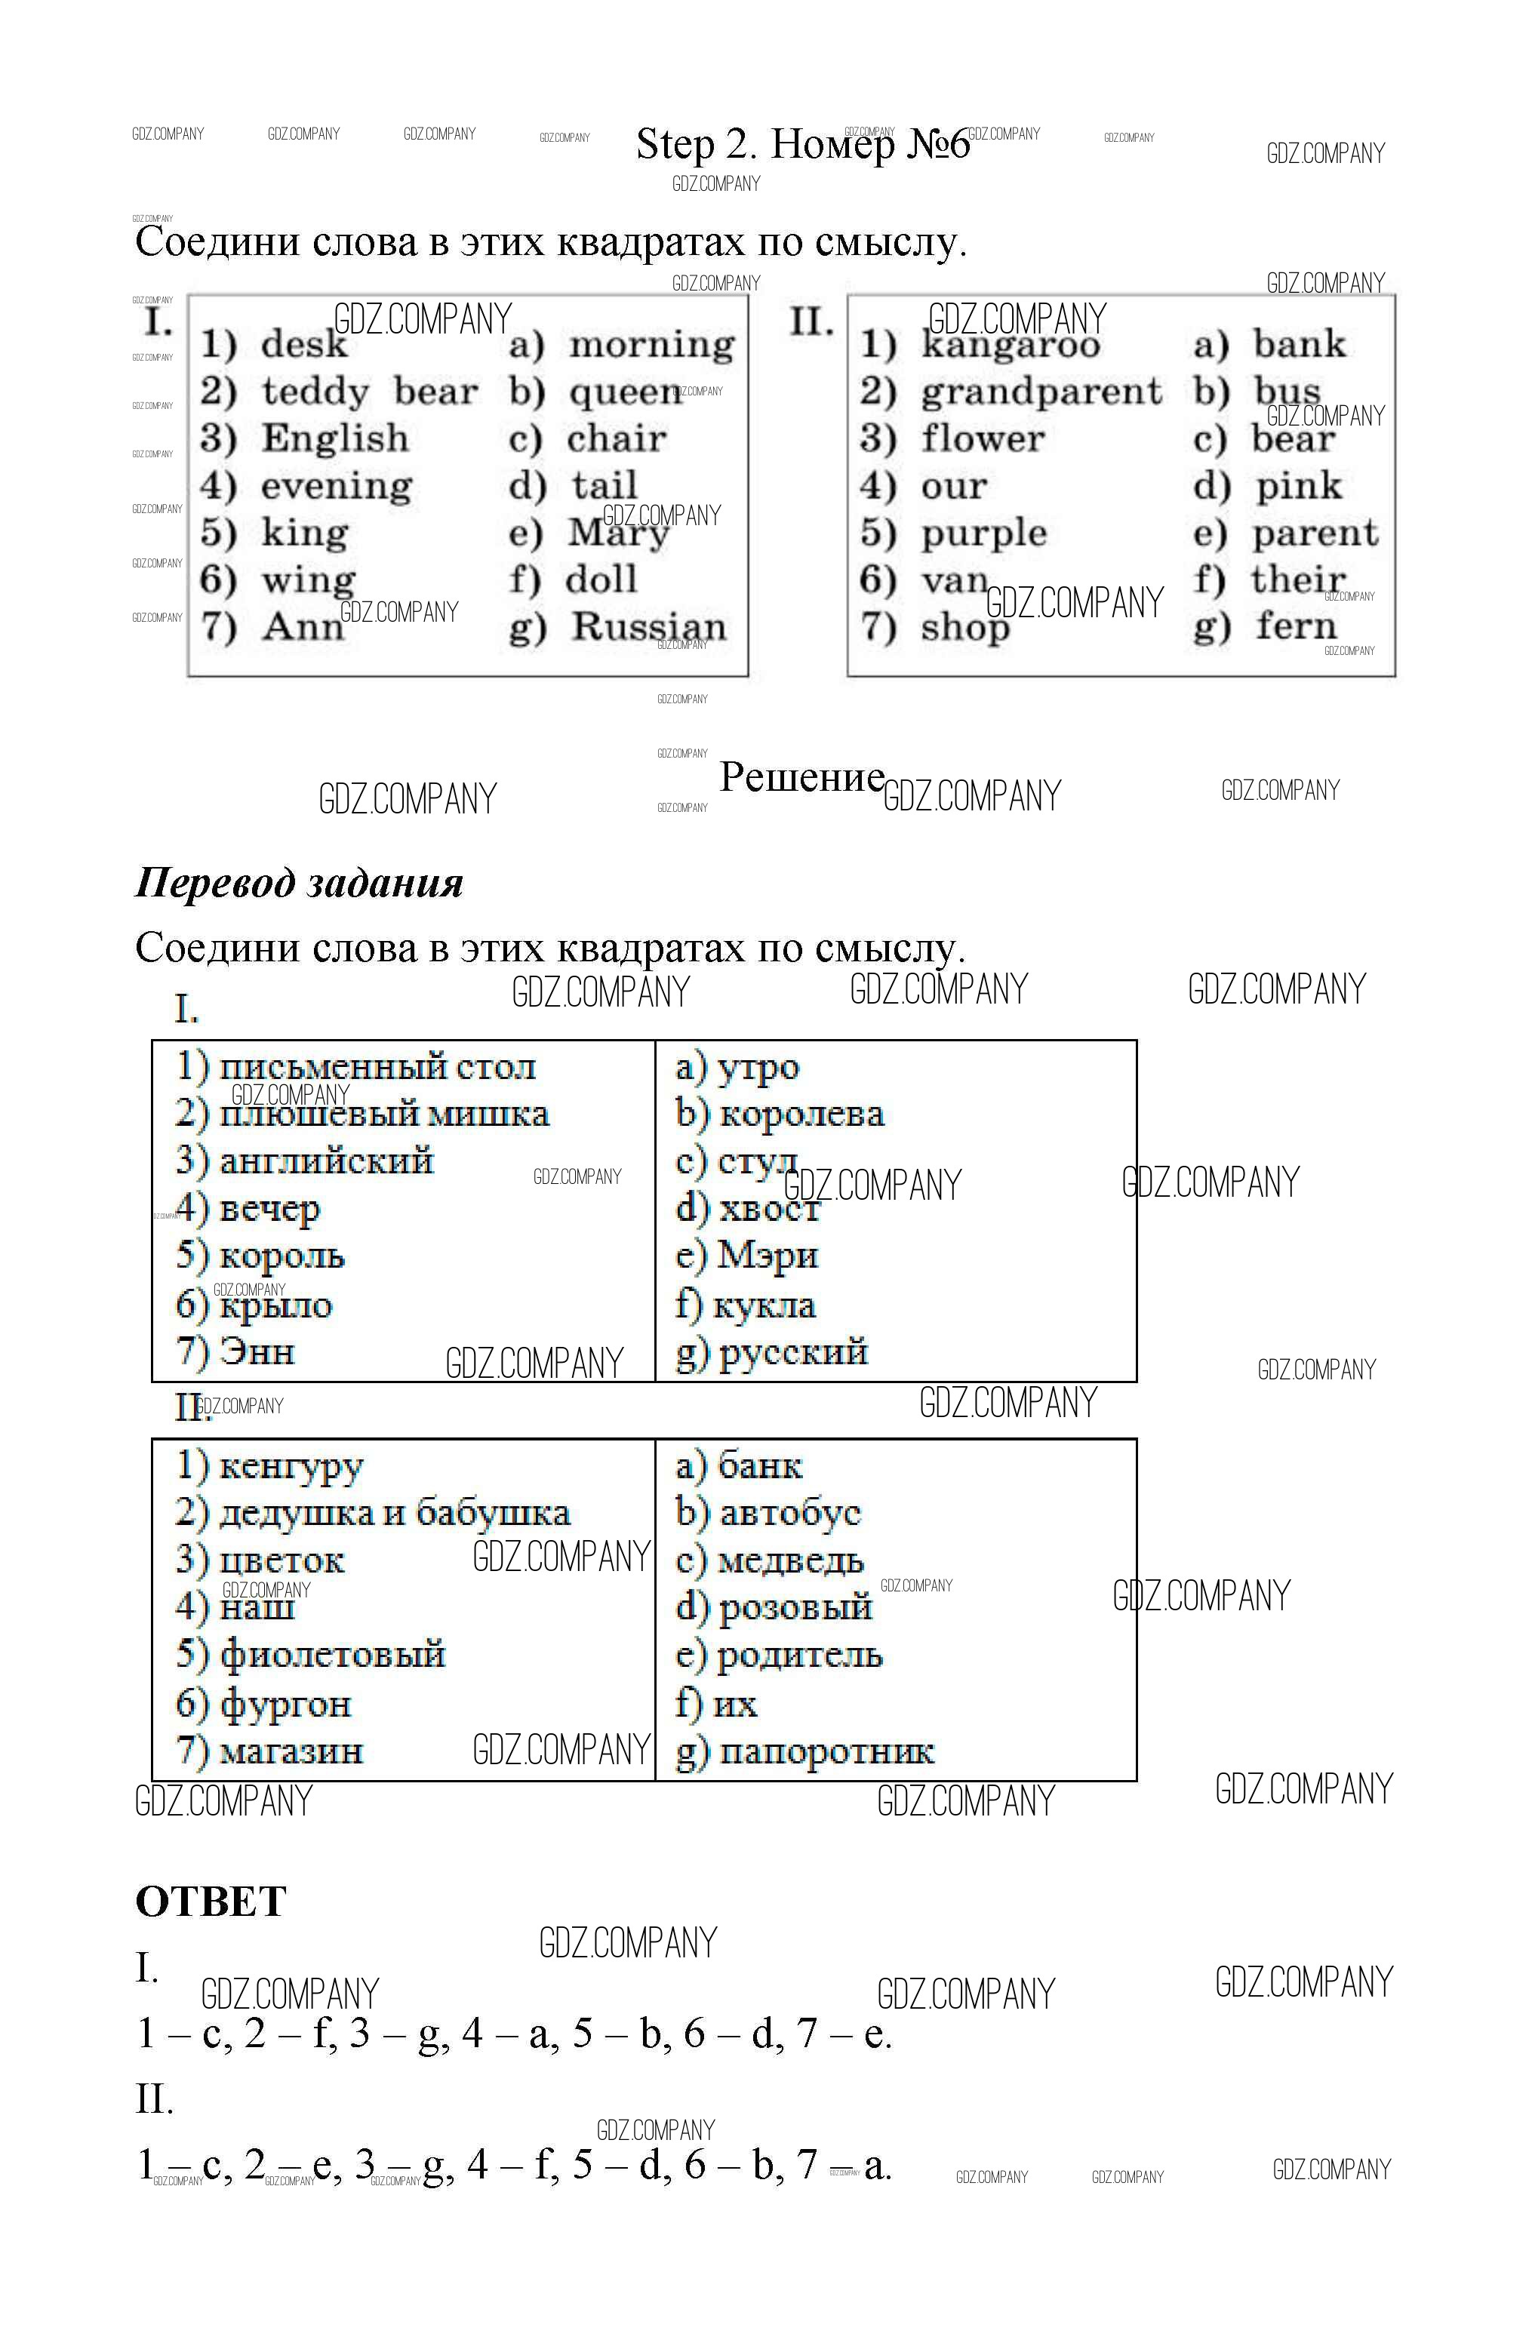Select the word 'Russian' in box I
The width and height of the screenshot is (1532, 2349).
(x=648, y=627)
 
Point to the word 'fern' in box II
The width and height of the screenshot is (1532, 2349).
(x=1295, y=626)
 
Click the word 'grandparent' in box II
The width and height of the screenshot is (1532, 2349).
(x=1041, y=392)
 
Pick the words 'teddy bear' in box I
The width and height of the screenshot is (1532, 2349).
(x=369, y=392)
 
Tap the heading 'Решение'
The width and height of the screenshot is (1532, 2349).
(x=801, y=776)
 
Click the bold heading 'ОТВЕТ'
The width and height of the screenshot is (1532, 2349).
(x=211, y=1901)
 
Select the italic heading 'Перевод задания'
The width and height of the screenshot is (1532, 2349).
(x=299, y=881)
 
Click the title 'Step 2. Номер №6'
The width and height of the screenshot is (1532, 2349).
(x=802, y=144)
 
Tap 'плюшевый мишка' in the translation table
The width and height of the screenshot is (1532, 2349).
(x=384, y=1113)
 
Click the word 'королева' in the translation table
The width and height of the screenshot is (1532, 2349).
(x=801, y=1113)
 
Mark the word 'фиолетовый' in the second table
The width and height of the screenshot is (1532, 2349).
(x=333, y=1655)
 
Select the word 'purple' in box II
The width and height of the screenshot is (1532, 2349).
(x=983, y=533)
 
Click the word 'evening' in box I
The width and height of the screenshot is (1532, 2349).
(x=337, y=486)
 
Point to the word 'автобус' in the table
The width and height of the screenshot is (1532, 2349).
(x=789, y=1513)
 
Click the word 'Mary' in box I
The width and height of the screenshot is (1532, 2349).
(x=618, y=533)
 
